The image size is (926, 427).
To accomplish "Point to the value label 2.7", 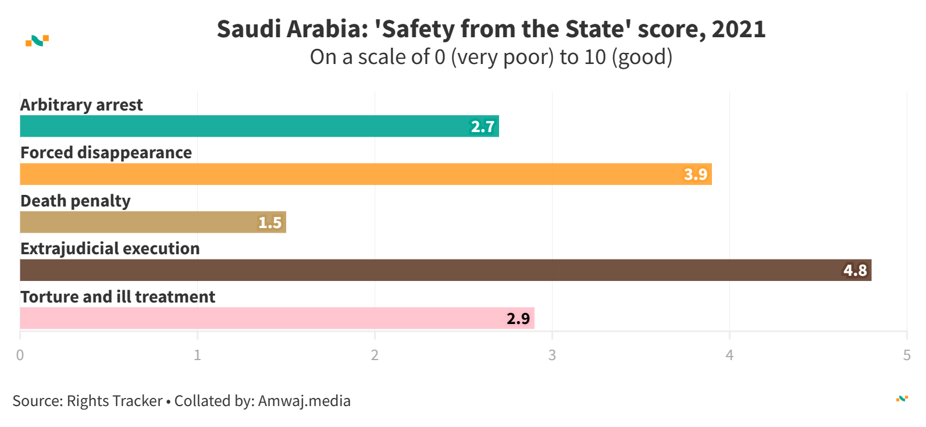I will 483,127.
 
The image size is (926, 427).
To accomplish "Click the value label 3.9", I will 696,175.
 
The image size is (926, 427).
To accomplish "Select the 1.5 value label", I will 270,223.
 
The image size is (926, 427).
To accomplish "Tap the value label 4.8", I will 855,271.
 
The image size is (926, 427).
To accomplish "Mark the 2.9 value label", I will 518,319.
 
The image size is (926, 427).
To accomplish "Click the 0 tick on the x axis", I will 20,355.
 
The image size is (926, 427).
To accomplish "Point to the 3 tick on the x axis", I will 552,355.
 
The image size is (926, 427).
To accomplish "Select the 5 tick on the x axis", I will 906,355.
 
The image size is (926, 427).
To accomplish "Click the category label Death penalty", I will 76,201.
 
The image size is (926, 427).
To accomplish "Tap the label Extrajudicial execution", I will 110,249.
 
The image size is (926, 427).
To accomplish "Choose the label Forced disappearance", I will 106,153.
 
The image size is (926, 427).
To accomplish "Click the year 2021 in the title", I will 738,29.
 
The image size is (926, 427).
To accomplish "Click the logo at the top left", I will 37,41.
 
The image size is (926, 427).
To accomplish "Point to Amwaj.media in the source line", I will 304,401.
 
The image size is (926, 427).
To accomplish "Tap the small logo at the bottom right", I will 902,398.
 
